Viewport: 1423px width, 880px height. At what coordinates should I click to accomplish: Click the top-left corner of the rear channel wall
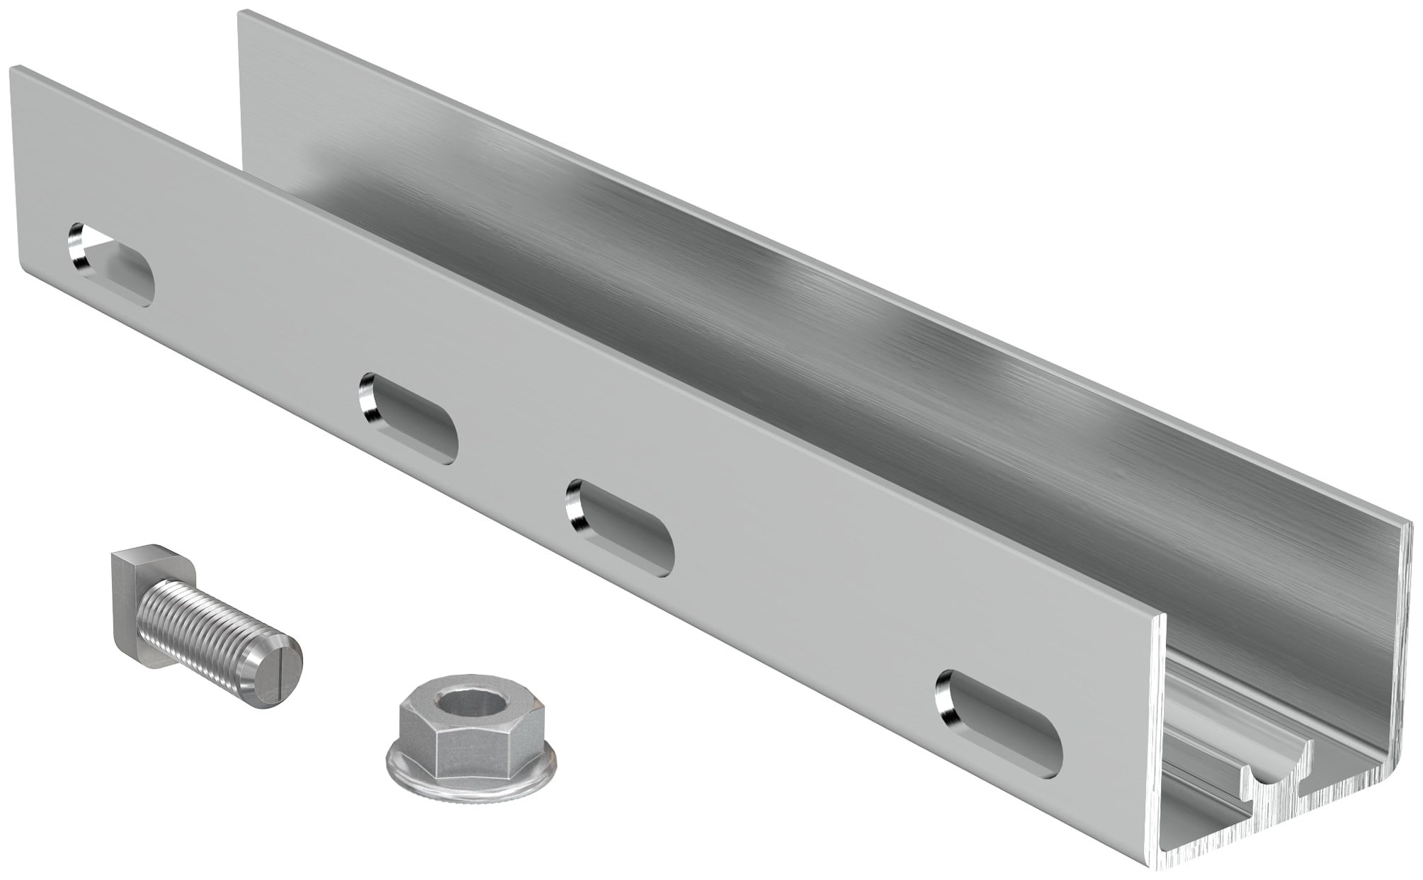(x=241, y=13)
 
